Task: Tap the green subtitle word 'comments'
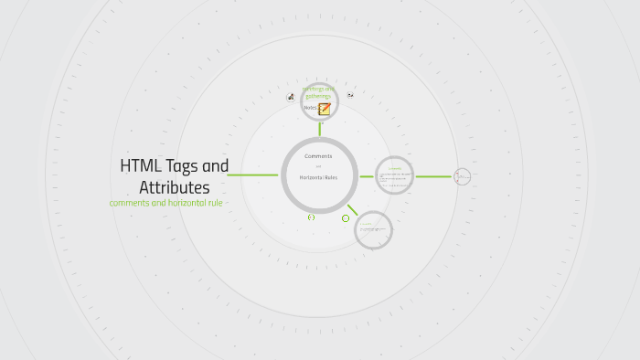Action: tap(132, 202)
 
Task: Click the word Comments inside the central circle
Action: tap(318, 156)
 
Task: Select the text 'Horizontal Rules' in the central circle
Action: tap(318, 176)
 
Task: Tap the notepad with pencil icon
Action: tap(325, 108)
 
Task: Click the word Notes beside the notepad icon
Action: tap(310, 108)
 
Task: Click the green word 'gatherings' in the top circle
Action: tap(319, 96)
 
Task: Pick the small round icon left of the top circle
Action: tap(291, 97)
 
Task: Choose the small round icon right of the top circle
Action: tap(350, 95)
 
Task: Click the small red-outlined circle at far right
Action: tap(463, 175)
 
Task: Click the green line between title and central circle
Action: tap(252, 175)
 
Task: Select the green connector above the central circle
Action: tap(319, 129)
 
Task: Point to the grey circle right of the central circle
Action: tap(395, 175)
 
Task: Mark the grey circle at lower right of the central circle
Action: tap(373, 229)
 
